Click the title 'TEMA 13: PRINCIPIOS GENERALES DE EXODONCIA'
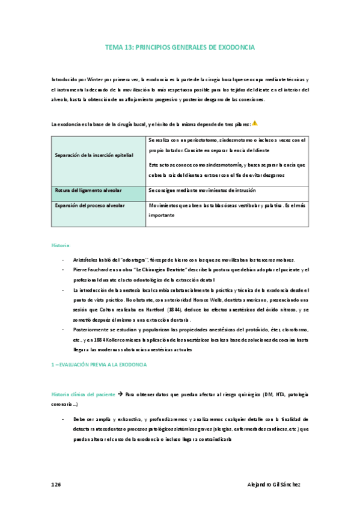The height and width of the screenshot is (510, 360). point(180,46)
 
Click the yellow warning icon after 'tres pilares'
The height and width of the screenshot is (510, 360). point(255,123)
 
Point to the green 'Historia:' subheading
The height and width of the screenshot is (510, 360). point(61,245)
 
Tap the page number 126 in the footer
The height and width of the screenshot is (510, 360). point(57,484)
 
